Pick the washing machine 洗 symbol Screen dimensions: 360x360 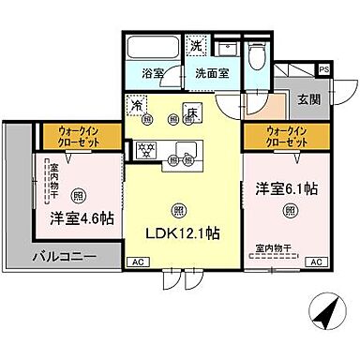point(197,45)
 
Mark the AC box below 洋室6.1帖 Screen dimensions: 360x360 point(317,262)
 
